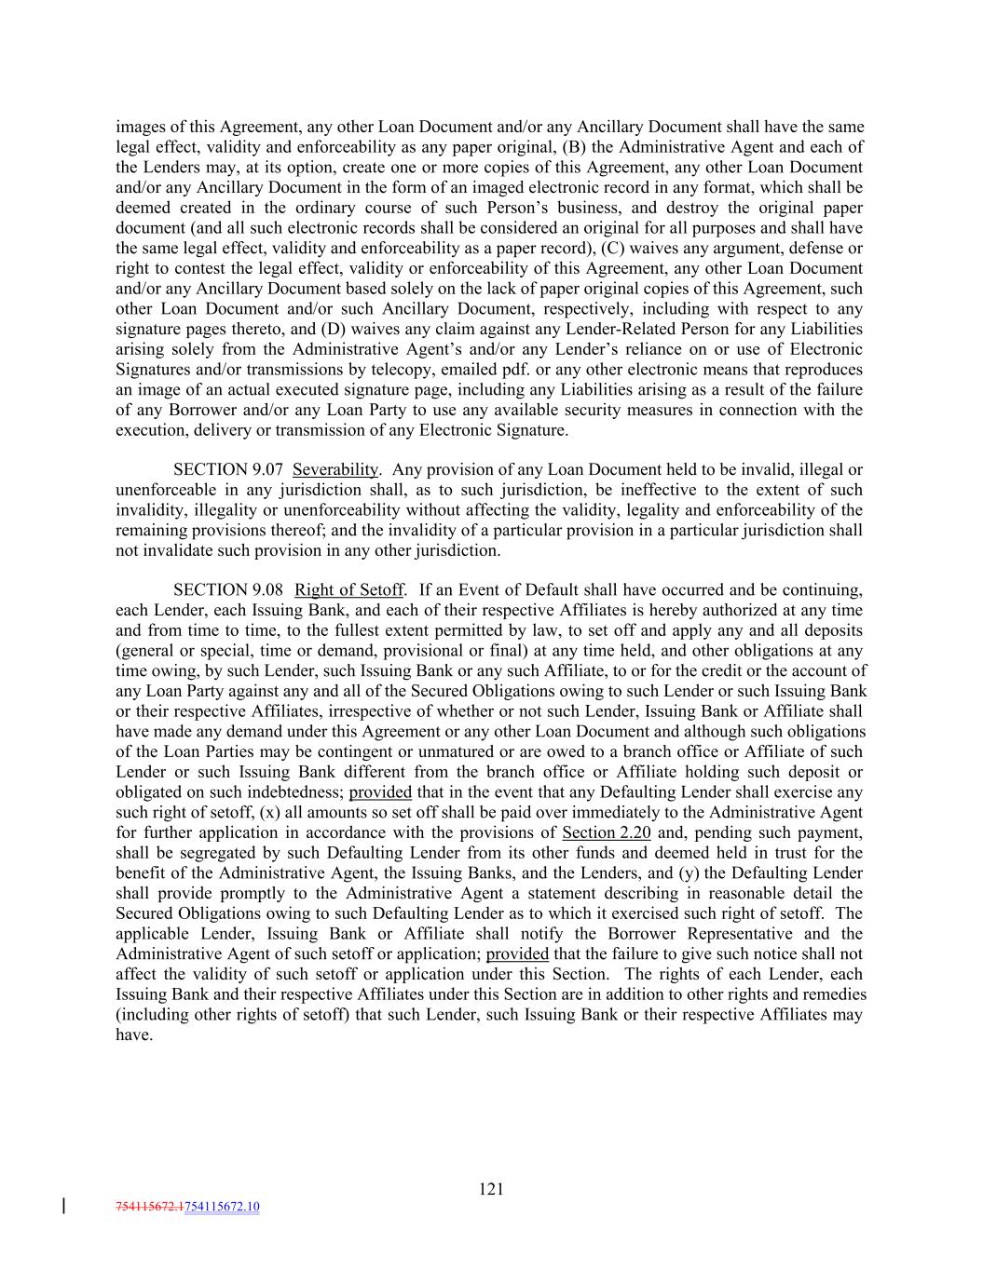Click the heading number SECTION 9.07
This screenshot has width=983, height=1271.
pos(228,469)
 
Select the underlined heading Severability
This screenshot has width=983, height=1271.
pos(335,469)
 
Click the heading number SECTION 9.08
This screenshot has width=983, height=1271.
pos(228,589)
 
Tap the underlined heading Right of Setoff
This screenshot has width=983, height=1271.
pos(349,589)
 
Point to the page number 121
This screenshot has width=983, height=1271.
pos(491,1188)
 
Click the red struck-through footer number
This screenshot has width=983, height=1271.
pos(150,1207)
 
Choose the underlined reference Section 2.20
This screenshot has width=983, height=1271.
pos(607,832)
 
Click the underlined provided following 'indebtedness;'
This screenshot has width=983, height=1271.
pos(380,792)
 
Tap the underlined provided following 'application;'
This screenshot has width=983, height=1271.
pos(517,953)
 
